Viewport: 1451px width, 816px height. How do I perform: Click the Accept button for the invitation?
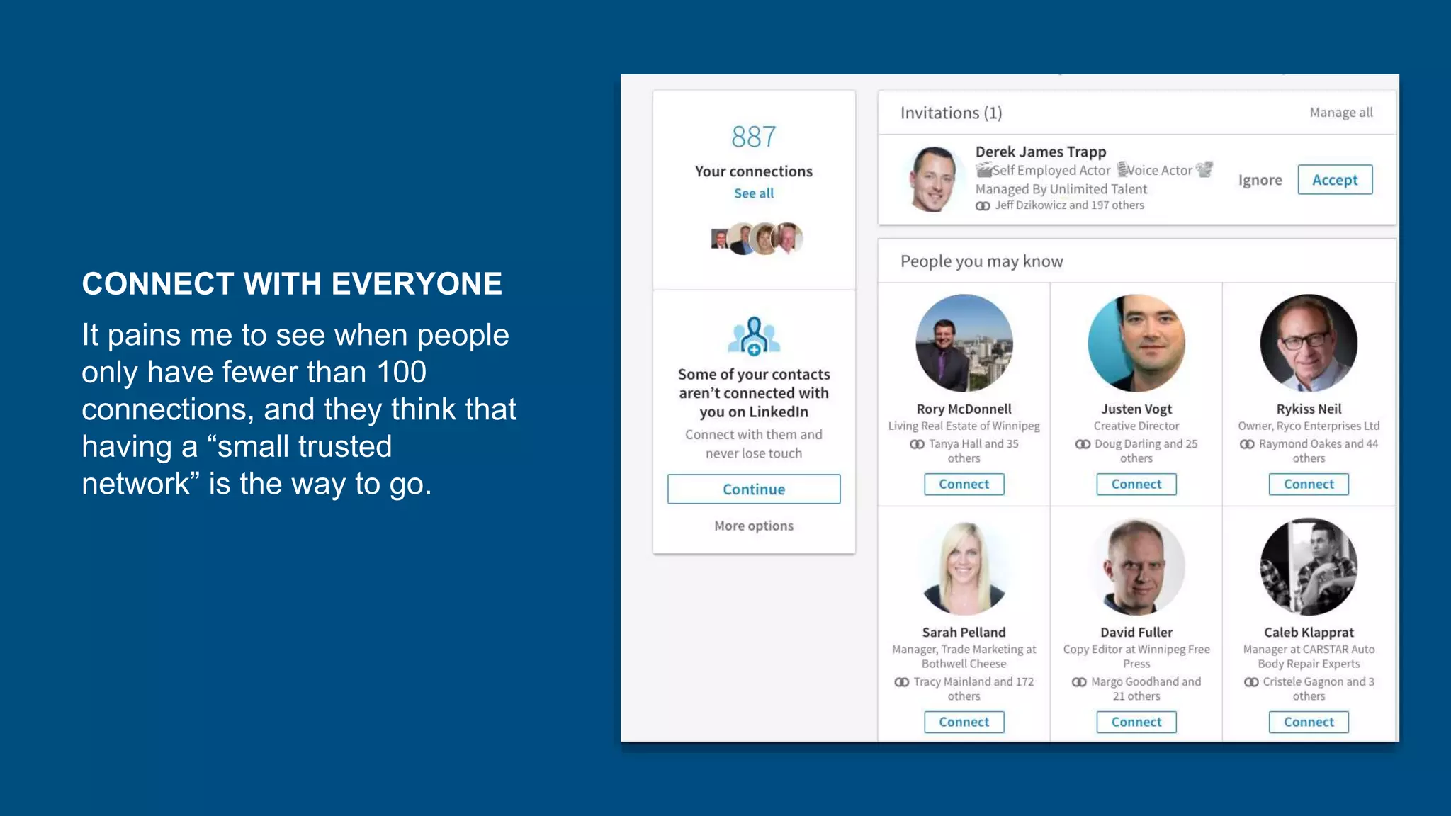click(x=1334, y=180)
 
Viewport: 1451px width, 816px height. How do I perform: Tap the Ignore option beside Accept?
click(x=1260, y=180)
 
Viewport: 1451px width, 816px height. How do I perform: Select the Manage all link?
click(x=1340, y=113)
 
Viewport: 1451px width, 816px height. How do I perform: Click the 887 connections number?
click(x=753, y=137)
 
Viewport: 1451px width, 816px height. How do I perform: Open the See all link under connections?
click(x=753, y=193)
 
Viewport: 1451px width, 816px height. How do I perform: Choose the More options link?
click(x=753, y=526)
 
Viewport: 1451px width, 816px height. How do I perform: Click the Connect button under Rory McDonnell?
click(x=964, y=484)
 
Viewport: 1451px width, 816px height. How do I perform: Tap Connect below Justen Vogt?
click(x=1136, y=484)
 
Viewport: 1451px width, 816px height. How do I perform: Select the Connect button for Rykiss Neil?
click(x=1308, y=484)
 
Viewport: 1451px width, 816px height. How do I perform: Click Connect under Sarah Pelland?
click(x=964, y=722)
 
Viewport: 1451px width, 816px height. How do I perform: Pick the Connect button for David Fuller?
click(x=1136, y=722)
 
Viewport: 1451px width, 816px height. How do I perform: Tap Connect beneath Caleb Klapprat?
click(x=1308, y=722)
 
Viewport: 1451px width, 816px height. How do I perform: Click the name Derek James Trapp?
click(x=1040, y=152)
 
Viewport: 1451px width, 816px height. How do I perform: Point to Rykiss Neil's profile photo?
click(x=1308, y=343)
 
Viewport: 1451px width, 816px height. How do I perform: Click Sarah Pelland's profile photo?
click(x=964, y=567)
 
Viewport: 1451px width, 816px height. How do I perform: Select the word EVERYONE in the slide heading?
click(x=417, y=284)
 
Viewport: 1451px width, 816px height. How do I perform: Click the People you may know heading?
click(x=981, y=261)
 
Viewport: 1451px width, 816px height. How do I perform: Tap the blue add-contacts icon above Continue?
click(x=753, y=336)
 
